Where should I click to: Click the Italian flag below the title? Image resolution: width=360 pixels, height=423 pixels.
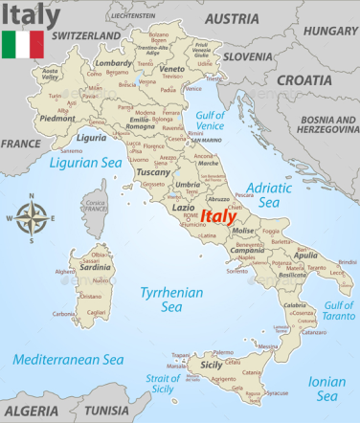22,44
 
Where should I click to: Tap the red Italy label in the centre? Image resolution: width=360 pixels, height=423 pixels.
219,216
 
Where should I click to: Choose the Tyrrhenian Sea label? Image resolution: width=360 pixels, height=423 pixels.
160,299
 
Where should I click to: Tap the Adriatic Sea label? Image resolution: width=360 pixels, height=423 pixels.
269,194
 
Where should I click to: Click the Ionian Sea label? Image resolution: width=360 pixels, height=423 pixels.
326,388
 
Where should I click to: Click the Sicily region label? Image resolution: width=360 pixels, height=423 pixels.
211,365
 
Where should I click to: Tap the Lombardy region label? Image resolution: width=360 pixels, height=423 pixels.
114,63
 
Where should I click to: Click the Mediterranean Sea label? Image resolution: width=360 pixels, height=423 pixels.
70,360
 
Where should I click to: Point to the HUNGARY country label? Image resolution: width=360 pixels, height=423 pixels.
330,30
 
